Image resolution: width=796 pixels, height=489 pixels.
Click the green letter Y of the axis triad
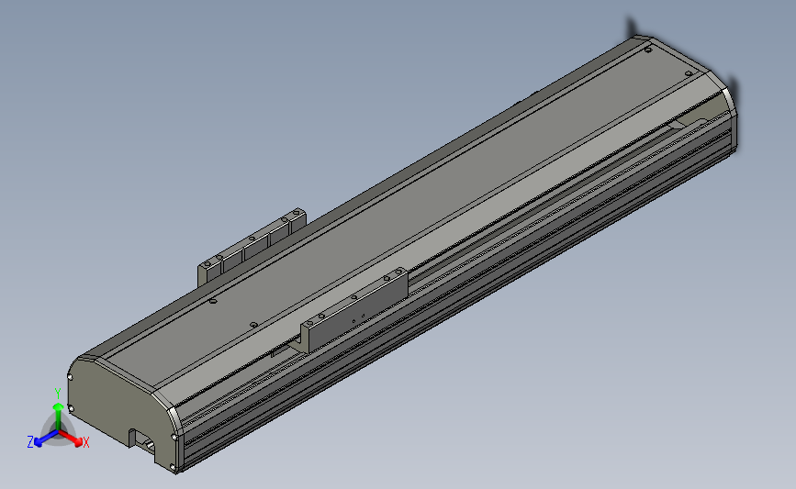coord(58,394)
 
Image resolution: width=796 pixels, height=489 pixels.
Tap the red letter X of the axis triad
coord(85,442)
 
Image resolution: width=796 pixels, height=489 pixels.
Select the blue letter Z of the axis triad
coord(30,442)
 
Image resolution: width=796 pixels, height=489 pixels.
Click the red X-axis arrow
coord(71,439)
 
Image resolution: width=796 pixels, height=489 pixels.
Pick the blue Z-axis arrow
coord(46,438)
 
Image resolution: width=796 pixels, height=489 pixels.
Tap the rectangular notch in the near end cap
coord(142,441)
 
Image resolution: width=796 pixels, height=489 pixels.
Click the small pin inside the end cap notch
coord(149,444)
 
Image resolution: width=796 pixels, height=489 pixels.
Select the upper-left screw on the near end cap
coord(70,377)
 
